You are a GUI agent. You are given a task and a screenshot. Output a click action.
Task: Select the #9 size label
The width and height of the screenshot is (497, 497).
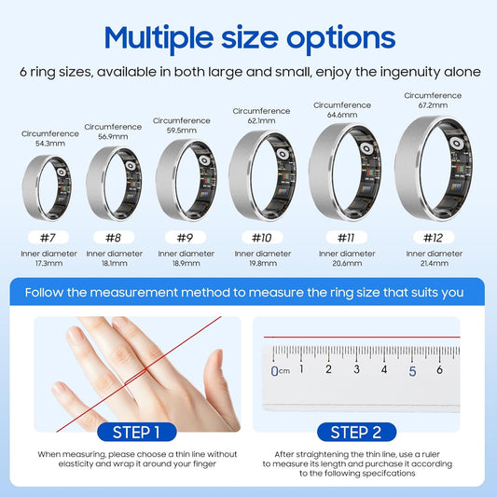[185, 237]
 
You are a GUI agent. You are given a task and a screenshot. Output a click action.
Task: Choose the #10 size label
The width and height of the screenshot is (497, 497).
[262, 237]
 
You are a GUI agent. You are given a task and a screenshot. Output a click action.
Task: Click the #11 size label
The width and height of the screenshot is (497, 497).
[346, 237]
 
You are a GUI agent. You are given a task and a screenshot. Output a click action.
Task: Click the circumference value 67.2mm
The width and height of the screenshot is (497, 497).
[432, 105]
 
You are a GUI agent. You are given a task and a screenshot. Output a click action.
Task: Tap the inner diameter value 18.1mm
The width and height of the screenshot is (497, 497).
[114, 263]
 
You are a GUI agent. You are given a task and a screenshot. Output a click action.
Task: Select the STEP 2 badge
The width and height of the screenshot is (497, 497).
[355, 432]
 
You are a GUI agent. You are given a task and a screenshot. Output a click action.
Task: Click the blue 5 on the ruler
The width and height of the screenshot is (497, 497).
[412, 370]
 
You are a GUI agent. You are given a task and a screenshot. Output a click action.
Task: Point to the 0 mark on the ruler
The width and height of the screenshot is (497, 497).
[274, 370]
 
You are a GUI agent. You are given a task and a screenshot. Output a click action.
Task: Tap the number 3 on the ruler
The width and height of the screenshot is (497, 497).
[357, 369]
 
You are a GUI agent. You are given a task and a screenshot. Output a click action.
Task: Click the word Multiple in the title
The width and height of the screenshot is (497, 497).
[161, 38]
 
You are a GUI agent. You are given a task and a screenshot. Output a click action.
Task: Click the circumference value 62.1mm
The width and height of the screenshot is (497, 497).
[262, 120]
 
